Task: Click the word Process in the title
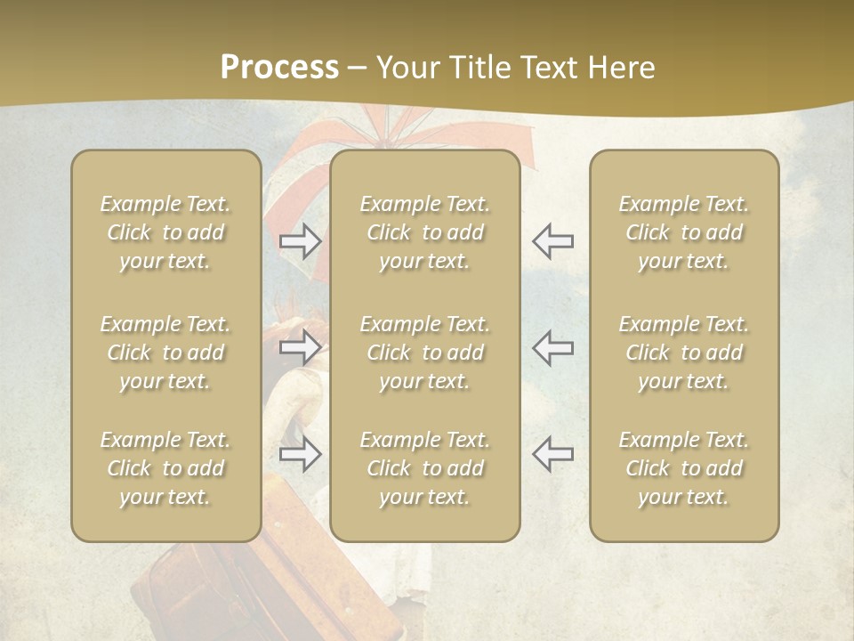pyautogui.click(x=279, y=68)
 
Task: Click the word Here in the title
pyautogui.click(x=620, y=68)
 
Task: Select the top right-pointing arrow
pyautogui.click(x=301, y=241)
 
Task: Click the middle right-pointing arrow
pyautogui.click(x=301, y=347)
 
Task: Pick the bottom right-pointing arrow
pyautogui.click(x=301, y=454)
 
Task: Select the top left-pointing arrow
pyautogui.click(x=552, y=241)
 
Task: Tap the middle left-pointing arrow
pyautogui.click(x=552, y=347)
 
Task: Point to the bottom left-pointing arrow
pyautogui.click(x=552, y=454)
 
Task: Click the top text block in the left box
pyautogui.click(x=165, y=232)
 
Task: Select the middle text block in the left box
pyautogui.click(x=165, y=353)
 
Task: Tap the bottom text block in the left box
pyautogui.click(x=165, y=468)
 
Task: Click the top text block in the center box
pyautogui.click(x=424, y=232)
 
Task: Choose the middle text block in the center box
pyautogui.click(x=424, y=353)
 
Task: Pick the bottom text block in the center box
pyautogui.click(x=424, y=468)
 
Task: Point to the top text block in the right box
pyautogui.click(x=683, y=232)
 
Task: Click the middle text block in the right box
pyautogui.click(x=683, y=353)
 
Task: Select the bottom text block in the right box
pyautogui.click(x=683, y=468)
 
